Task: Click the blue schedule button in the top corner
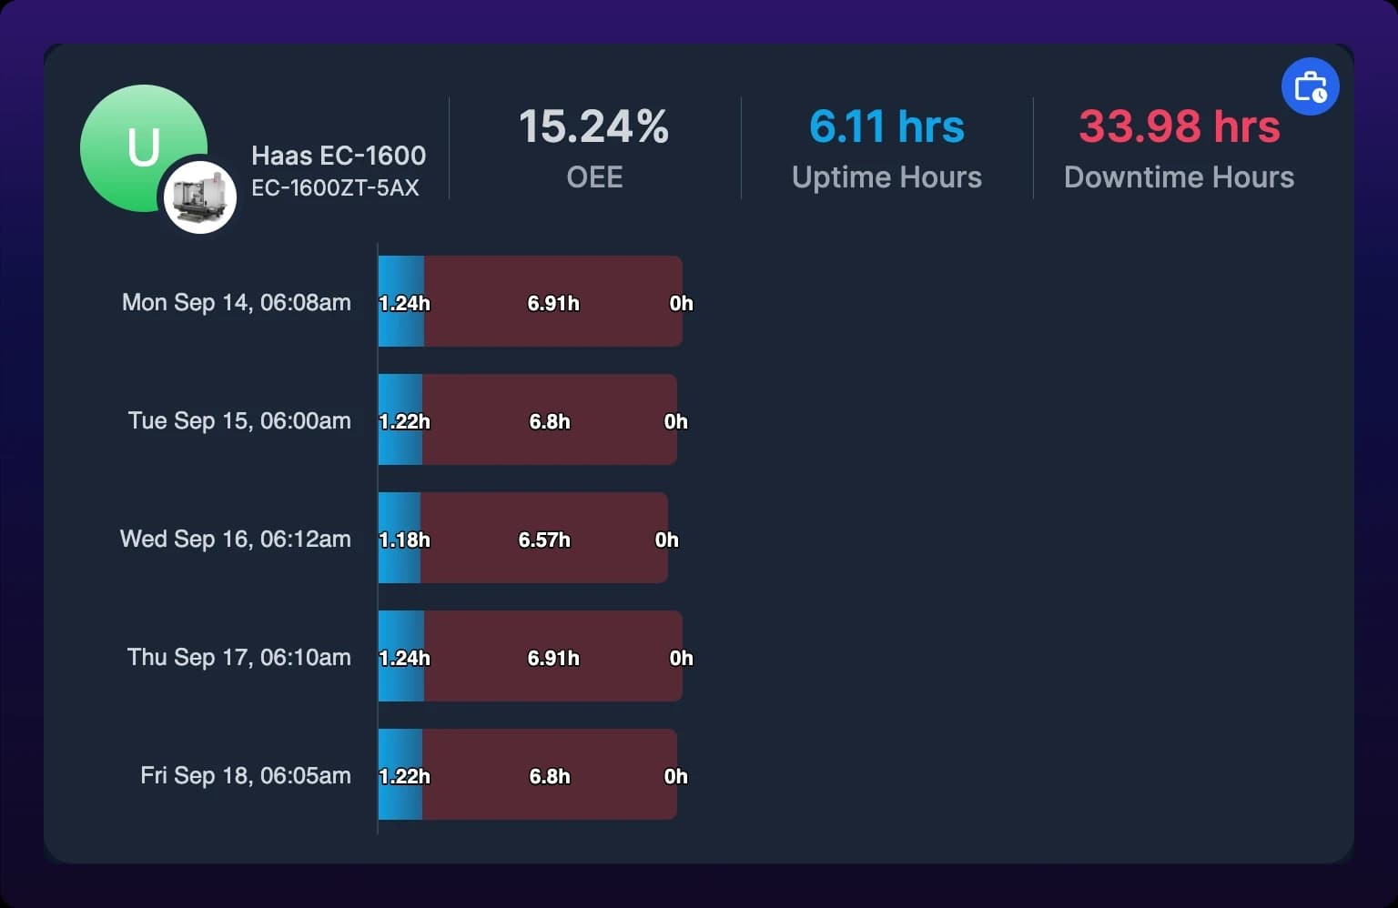coord(1310,86)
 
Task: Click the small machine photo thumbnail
coord(199,197)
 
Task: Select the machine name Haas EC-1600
coord(339,156)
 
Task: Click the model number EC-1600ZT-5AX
coord(335,187)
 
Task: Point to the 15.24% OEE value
coord(593,126)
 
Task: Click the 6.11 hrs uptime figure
coord(886,126)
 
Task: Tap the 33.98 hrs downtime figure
coord(1179,126)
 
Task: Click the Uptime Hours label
coord(886,177)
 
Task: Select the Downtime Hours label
coord(1179,177)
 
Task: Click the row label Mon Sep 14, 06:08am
coord(236,303)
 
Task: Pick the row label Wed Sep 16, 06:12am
coord(236,540)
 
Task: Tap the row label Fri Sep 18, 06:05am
coord(245,776)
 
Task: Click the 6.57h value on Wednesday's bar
coord(544,540)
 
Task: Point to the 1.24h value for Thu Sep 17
coord(404,659)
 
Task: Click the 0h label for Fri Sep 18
coord(676,776)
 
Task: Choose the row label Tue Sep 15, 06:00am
coord(239,420)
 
